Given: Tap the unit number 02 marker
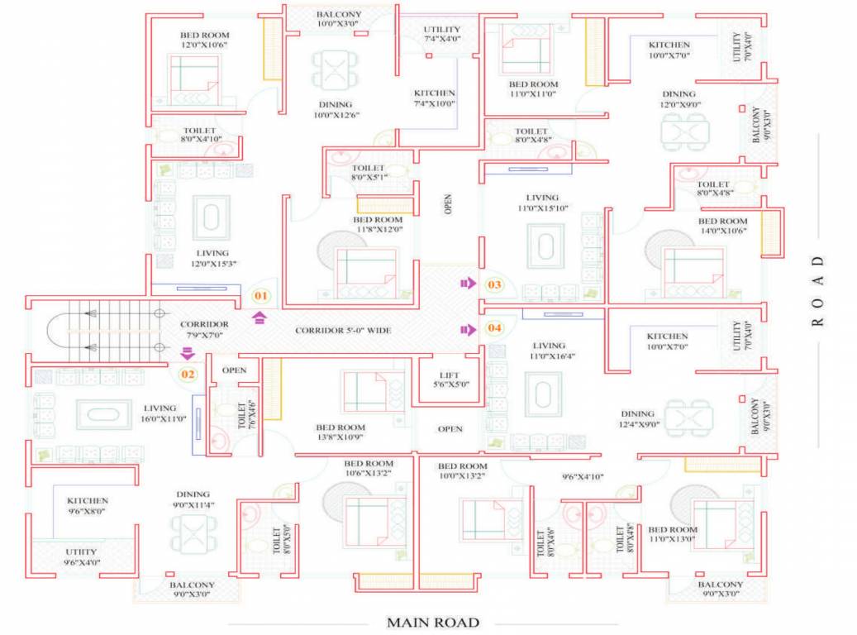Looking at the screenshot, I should [x=188, y=374].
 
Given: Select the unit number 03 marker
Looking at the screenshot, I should [x=494, y=285].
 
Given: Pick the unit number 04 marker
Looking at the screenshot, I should [x=494, y=328].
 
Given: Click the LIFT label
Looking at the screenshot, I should [x=451, y=379].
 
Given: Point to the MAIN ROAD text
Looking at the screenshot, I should [x=433, y=622].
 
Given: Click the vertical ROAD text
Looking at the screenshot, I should [x=818, y=291].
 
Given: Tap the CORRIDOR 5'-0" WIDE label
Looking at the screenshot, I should [x=343, y=331].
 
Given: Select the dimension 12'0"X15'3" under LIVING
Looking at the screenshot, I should [x=212, y=264].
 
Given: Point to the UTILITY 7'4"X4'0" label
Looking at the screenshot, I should [x=441, y=34].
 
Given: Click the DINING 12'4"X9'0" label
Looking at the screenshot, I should [x=638, y=419].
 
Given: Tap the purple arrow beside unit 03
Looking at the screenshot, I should [x=468, y=284].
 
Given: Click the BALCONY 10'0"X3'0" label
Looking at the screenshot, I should [x=339, y=19].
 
